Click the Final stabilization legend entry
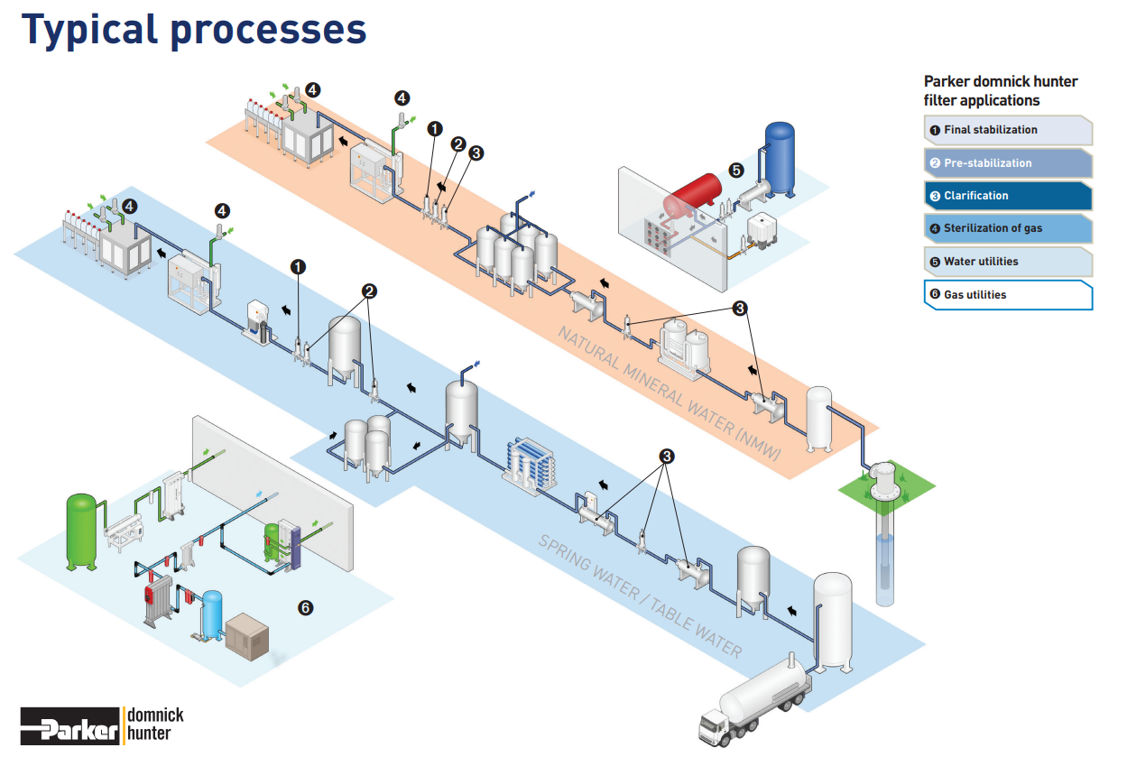[x=1008, y=130]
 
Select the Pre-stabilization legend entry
[x=1008, y=163]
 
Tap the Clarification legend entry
[x=1008, y=196]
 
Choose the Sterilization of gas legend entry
[x=1008, y=228]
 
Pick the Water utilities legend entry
[x=1008, y=262]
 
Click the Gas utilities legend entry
[x=1008, y=295]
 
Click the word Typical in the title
[x=87, y=29]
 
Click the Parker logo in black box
[x=70, y=725]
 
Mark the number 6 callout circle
[x=305, y=608]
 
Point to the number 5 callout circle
[x=736, y=169]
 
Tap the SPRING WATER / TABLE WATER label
[x=640, y=596]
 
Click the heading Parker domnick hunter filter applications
[x=1000, y=91]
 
